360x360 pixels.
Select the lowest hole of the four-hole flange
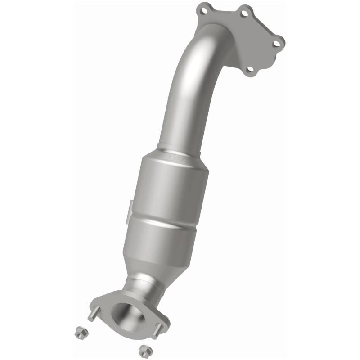251,70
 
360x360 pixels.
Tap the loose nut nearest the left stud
76,330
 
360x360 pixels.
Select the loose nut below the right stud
144,349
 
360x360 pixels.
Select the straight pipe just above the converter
182,117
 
